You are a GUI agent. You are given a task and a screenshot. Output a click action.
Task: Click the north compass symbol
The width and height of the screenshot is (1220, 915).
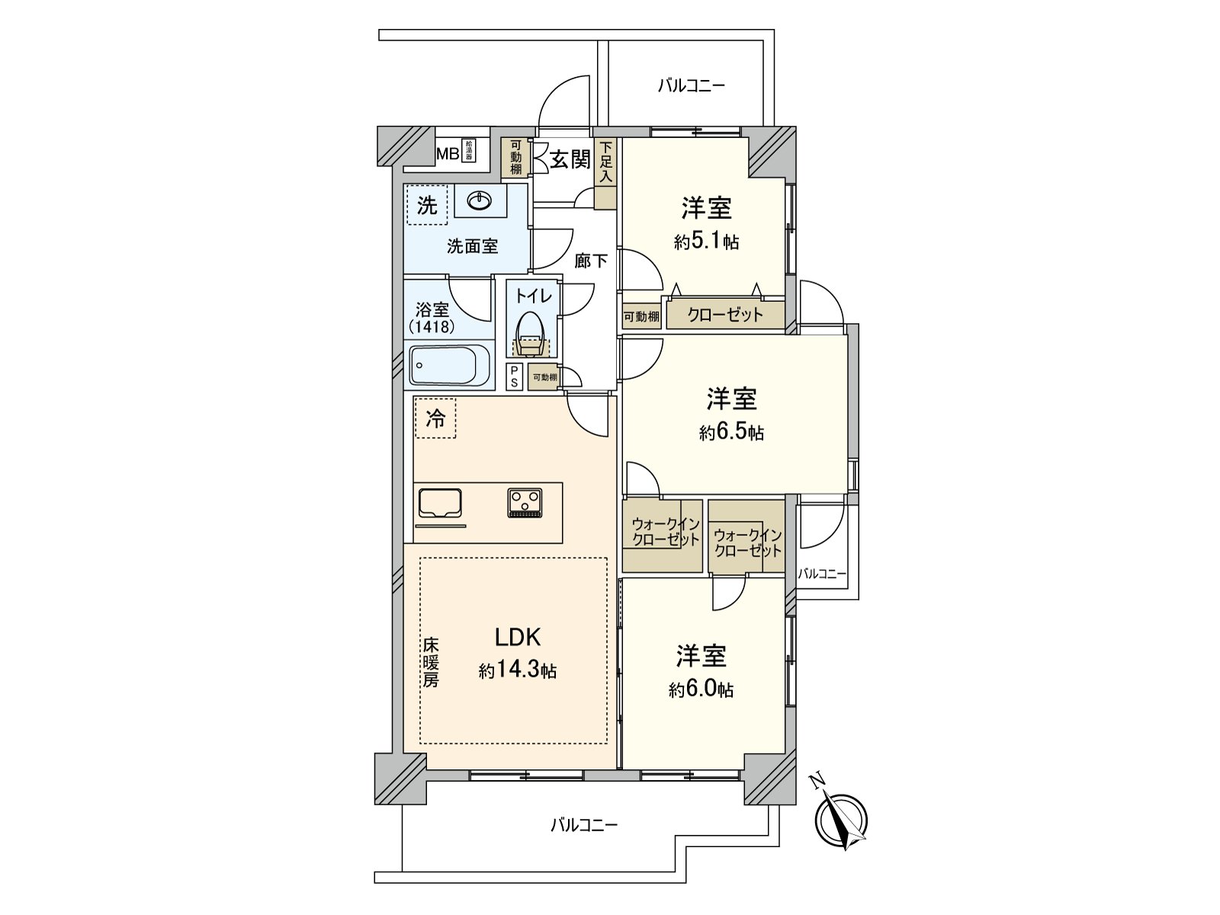(x=841, y=820)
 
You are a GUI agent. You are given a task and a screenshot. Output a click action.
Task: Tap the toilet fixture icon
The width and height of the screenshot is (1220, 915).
(x=531, y=335)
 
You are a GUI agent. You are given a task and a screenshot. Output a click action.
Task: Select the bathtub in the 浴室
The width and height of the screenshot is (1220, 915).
(x=449, y=366)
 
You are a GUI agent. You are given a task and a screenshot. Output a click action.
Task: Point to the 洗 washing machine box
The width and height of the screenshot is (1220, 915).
(x=427, y=205)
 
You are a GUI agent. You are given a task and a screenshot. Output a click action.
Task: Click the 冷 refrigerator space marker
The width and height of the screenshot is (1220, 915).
(x=435, y=418)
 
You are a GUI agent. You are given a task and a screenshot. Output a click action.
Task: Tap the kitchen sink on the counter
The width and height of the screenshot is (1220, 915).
(x=441, y=503)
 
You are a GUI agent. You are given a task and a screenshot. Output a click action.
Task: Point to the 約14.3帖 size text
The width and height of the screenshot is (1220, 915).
(x=518, y=670)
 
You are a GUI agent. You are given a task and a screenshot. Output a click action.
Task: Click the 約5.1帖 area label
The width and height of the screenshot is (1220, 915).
(x=706, y=242)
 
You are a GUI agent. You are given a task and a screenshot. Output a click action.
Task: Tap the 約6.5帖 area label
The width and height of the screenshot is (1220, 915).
(x=731, y=432)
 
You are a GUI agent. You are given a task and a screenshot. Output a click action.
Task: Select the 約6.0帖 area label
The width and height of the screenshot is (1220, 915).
(x=701, y=689)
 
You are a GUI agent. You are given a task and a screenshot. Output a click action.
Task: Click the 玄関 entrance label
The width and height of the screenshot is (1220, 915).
(x=570, y=159)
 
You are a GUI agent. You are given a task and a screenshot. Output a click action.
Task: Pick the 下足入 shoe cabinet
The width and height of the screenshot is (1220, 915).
(x=605, y=173)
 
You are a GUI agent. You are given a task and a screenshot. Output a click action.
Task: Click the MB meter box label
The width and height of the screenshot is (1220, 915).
(x=447, y=154)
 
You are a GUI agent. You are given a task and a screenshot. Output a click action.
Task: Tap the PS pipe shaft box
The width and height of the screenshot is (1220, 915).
(x=515, y=376)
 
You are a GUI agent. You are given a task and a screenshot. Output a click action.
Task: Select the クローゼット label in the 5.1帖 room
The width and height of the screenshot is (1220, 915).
(x=724, y=314)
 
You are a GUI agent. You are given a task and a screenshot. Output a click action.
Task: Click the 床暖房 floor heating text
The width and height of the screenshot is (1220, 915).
(x=431, y=662)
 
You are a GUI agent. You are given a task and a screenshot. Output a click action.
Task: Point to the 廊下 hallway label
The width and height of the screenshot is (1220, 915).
(x=591, y=261)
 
